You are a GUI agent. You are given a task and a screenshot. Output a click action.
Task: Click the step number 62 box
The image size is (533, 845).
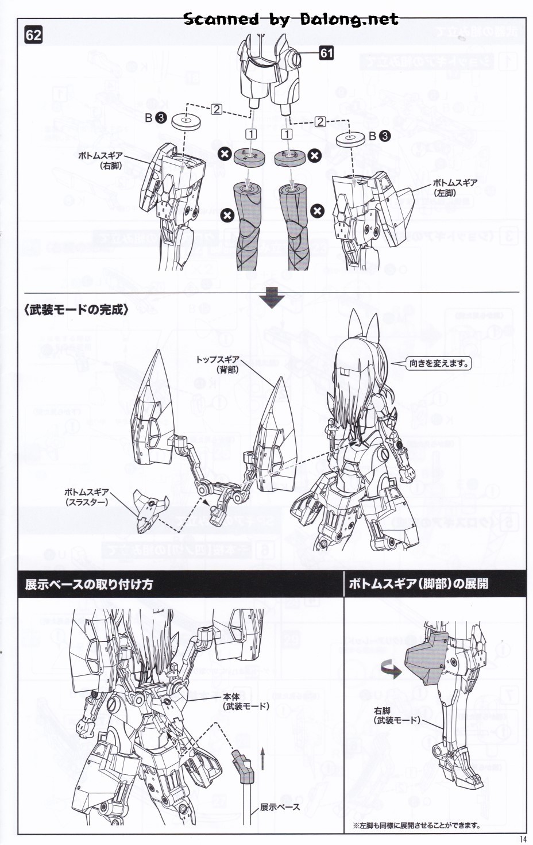[x=33, y=35]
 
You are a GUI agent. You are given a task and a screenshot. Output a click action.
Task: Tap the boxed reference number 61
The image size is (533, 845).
[x=326, y=53]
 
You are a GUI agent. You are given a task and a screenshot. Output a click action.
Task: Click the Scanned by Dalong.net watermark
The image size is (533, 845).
[x=291, y=19]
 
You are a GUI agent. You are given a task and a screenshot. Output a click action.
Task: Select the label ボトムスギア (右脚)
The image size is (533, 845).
[x=101, y=160]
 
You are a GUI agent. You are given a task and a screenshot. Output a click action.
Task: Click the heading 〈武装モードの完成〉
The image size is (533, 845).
[x=76, y=310]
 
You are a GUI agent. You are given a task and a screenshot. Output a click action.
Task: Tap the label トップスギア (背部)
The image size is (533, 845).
[x=218, y=364]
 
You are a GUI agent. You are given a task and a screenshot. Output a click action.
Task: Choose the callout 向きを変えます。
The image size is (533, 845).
[x=439, y=363]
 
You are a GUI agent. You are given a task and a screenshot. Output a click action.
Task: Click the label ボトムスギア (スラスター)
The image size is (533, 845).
[x=86, y=497]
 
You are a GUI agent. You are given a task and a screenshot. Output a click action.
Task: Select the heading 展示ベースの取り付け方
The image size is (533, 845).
[x=89, y=585]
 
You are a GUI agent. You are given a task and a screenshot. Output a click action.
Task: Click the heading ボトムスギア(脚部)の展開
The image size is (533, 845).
[x=418, y=584]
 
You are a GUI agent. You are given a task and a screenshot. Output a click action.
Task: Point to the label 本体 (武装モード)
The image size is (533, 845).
[x=245, y=701]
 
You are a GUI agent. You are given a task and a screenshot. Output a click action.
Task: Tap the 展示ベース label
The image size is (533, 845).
[x=280, y=807]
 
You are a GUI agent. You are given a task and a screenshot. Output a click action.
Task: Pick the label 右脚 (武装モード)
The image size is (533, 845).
[x=396, y=716]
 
